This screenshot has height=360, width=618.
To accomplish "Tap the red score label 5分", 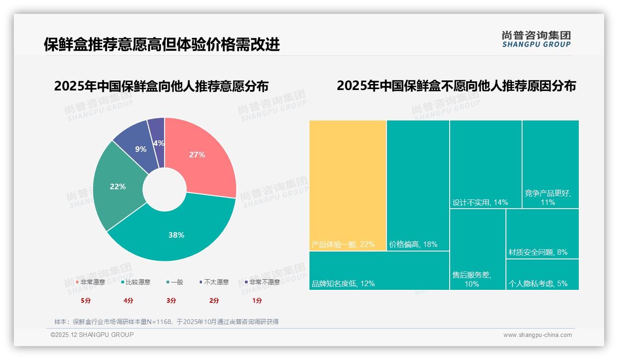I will pyautogui.click(x=86, y=300).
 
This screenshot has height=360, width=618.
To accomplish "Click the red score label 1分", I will pyautogui.click(x=257, y=300).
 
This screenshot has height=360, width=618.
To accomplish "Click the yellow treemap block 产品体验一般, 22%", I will pyautogui.click(x=348, y=185).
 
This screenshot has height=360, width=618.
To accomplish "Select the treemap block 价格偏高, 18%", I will pyautogui.click(x=418, y=185).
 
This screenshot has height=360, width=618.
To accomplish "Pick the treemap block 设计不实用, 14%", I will pyautogui.click(x=486, y=164).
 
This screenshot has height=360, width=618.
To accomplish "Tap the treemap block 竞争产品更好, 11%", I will pyautogui.click(x=550, y=164).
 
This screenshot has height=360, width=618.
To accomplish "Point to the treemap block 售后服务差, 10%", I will pyautogui.click(x=477, y=249).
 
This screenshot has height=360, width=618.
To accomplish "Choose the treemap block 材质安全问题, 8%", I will pyautogui.click(x=542, y=234).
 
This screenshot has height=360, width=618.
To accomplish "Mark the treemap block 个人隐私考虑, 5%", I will pyautogui.click(x=542, y=275).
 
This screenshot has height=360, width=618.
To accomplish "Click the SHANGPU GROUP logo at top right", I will pyautogui.click(x=536, y=39).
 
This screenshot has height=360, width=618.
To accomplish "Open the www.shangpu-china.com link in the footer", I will pyautogui.click(x=537, y=335).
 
